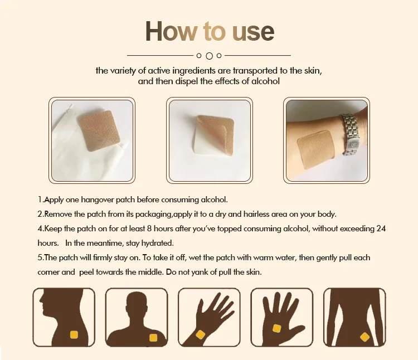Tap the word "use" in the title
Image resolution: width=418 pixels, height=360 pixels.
[251, 32]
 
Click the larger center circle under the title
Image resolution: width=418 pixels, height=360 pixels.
[209, 56]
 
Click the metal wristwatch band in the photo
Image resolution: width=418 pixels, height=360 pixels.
[352, 134]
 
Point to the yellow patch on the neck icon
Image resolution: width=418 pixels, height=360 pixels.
[73, 334]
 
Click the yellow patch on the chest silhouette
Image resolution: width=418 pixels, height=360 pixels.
[153, 337]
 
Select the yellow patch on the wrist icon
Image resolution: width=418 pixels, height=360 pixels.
[200, 334]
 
